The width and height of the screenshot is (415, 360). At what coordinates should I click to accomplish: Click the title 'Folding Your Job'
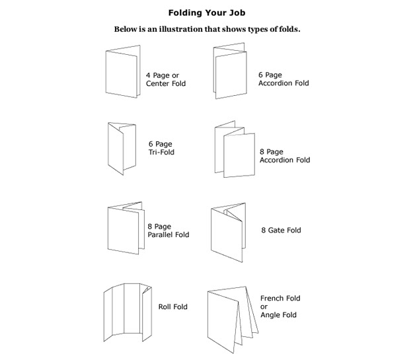[207, 13]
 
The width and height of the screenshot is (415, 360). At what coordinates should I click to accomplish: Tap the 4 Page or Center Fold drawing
[123, 71]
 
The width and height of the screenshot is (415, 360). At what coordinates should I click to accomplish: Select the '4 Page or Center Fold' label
[166, 79]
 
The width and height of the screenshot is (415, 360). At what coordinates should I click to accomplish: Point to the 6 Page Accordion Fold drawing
[230, 71]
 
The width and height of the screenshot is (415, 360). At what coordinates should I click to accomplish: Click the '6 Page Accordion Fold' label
[283, 79]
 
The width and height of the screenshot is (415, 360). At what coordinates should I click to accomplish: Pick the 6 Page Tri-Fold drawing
[122, 149]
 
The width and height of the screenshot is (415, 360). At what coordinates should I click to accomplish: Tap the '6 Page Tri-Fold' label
[161, 148]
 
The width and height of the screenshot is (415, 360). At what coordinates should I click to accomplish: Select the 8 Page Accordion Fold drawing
[235, 149]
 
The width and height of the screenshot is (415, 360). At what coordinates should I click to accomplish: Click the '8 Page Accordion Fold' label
[285, 156]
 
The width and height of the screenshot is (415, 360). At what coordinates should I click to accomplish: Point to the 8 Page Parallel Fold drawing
[126, 228]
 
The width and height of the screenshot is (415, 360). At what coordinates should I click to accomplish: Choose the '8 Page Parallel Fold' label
[169, 231]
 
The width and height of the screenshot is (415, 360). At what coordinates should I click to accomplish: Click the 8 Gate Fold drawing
[228, 233]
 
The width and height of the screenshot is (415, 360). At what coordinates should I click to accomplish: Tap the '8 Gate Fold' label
[281, 230]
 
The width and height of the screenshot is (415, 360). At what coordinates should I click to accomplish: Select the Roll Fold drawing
[128, 312]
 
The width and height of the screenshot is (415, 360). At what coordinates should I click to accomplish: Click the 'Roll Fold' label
[173, 306]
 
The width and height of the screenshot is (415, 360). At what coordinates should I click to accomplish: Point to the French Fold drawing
[233, 320]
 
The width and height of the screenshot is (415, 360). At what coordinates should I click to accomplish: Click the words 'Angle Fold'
[278, 315]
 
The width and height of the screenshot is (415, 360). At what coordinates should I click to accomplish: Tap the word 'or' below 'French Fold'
[264, 307]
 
